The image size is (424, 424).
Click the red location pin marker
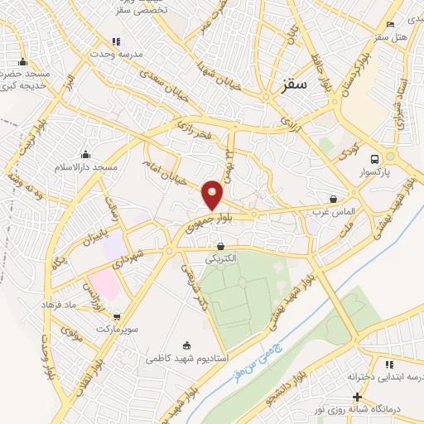[x=213, y=195]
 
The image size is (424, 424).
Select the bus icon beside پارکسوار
[x=374, y=159]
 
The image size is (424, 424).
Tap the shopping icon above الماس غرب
[x=333, y=199]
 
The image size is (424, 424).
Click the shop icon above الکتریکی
[x=220, y=246]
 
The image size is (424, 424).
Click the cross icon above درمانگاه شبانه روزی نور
[x=357, y=397]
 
